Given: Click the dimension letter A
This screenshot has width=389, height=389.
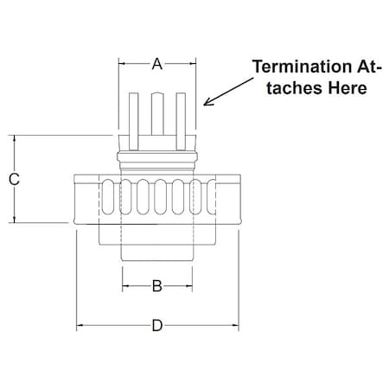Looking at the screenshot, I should (156, 63).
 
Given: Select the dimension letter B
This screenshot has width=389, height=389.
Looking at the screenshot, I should (156, 284).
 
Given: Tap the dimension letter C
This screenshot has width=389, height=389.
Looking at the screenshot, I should (14, 179).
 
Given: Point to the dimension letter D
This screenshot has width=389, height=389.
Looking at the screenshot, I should (156, 325).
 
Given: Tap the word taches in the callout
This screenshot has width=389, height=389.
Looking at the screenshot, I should (292, 87).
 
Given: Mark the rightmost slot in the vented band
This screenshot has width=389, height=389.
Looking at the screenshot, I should (207, 199).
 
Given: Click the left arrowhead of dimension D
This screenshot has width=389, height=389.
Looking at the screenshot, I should (80, 325).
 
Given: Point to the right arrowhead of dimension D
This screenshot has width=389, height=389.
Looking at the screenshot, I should (235, 325).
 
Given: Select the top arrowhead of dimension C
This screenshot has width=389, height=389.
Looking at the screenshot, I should (14, 138).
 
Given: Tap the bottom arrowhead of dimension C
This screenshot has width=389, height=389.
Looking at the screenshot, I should (14, 220).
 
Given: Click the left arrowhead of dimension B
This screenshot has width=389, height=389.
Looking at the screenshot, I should (125, 284).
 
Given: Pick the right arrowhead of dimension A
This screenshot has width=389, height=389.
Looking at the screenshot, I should (193, 63).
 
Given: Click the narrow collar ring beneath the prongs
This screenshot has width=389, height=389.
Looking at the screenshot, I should (157, 156).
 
